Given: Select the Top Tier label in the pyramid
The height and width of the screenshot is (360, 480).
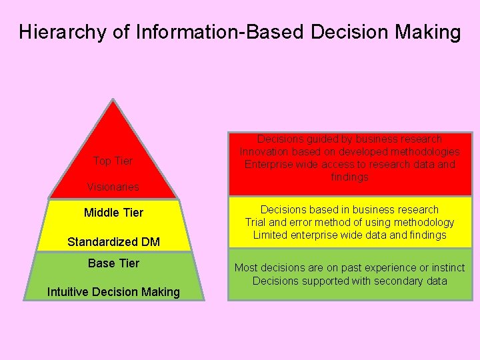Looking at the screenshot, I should tap(113, 161).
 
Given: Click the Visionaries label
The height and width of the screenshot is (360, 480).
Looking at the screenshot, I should tap(113, 187).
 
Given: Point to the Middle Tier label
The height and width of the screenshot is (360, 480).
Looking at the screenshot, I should tap(113, 213).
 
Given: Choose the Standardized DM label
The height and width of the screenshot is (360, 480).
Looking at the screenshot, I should tap(113, 242).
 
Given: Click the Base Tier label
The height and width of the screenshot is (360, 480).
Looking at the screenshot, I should tap(113, 263).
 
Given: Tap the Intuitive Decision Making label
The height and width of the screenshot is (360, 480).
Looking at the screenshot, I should tap(113, 292).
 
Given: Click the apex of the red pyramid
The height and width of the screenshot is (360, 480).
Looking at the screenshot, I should tap(114, 102).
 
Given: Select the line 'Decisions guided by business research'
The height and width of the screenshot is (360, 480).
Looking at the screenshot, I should tap(349, 139).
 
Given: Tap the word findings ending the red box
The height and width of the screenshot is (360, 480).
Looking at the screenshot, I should tap(349, 177).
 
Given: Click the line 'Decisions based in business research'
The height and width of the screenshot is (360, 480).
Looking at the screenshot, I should tap(349, 209).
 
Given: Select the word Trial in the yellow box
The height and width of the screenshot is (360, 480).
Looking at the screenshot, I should tap(257, 222).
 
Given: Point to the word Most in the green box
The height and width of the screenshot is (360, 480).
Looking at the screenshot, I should tap(245, 268).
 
